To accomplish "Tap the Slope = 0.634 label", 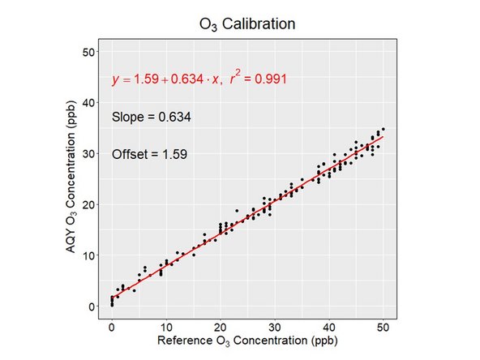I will (x=152, y=118).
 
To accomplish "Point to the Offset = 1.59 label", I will (x=150, y=154).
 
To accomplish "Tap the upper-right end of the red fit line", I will (x=384, y=136).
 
